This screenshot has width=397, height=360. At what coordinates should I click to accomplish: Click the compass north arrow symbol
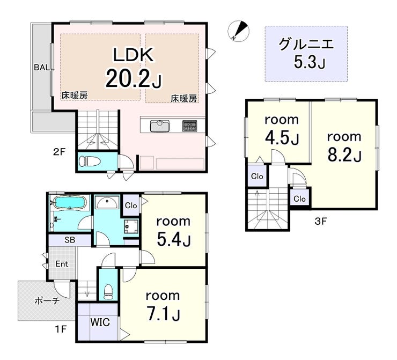(x=239, y=31)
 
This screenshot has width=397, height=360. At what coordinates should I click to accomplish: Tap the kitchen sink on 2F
(x=160, y=126)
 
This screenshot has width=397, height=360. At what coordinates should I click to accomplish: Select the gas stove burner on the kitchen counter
(x=189, y=126)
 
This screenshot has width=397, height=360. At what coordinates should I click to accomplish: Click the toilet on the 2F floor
(x=90, y=161)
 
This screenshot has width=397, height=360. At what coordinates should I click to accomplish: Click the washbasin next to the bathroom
(x=107, y=202)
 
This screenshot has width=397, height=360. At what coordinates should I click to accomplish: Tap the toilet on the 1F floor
(x=108, y=291)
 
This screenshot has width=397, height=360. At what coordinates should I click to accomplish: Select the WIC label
(x=100, y=322)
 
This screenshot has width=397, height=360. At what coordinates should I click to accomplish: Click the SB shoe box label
(x=70, y=240)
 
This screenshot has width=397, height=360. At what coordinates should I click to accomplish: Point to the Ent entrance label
(x=62, y=264)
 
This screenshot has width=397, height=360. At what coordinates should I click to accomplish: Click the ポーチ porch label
(x=47, y=300)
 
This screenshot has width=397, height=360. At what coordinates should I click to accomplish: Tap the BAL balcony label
(x=42, y=68)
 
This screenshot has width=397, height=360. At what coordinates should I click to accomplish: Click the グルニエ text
(x=306, y=44)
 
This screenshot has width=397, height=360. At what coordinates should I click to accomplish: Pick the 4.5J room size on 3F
(x=282, y=138)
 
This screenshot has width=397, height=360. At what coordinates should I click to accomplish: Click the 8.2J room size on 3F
(x=344, y=155)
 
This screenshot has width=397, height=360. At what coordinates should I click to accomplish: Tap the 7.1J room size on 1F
(x=164, y=314)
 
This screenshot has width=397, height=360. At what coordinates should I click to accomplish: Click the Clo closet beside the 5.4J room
(x=131, y=205)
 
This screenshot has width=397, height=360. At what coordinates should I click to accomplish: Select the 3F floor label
(x=321, y=222)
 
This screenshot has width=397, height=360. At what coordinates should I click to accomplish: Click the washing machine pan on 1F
(x=131, y=226)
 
